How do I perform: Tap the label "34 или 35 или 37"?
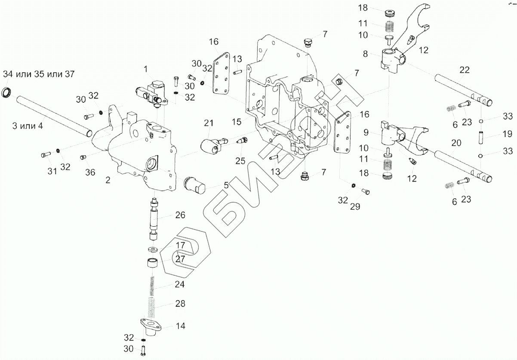pyautogui.click(x=39, y=74)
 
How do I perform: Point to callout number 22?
pyautogui.click(x=465, y=70)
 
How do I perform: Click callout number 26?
pyautogui.click(x=180, y=215)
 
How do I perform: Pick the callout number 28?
pyautogui.click(x=180, y=304)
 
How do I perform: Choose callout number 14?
pyautogui.click(x=180, y=326)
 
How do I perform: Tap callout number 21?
pyautogui.click(x=209, y=123)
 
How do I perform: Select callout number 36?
pyautogui.click(x=89, y=172)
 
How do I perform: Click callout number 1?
pyautogui.click(x=146, y=69)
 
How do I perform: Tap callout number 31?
pyautogui.click(x=52, y=171)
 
